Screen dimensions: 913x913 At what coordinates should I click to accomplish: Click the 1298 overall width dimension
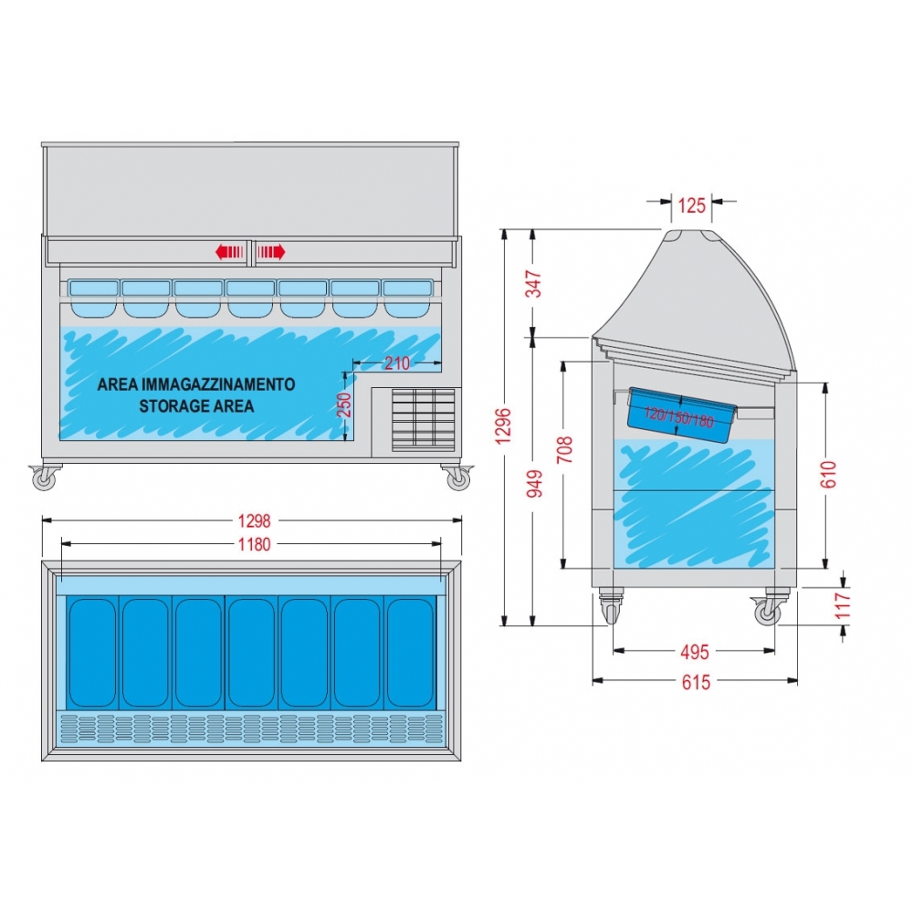254,520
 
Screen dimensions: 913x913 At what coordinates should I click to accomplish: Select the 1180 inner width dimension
254,544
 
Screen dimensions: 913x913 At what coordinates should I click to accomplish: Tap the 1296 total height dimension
503,426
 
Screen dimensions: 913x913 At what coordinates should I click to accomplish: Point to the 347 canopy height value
534,284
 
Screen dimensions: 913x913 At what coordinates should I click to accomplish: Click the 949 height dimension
534,483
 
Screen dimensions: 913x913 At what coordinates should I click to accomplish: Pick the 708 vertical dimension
565,449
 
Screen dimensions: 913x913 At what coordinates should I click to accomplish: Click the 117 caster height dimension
843,605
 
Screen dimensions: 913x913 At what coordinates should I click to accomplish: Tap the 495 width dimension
695,652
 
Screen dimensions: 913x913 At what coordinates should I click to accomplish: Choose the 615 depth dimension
696,682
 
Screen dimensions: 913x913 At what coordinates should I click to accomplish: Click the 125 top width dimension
692,205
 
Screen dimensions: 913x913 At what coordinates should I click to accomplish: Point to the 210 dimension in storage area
397,363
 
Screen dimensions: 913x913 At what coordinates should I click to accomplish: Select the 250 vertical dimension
345,405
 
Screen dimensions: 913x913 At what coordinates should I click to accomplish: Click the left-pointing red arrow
229,252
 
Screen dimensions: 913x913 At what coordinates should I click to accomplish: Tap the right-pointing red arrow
271,252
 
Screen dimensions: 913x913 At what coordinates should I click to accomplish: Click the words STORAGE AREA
196,406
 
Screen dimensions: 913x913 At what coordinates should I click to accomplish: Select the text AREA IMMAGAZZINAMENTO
196,384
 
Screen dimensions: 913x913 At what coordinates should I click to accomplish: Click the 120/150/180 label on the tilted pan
679,417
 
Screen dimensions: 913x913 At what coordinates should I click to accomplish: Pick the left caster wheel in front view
44,478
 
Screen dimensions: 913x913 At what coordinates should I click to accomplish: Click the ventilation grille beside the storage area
424,419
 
